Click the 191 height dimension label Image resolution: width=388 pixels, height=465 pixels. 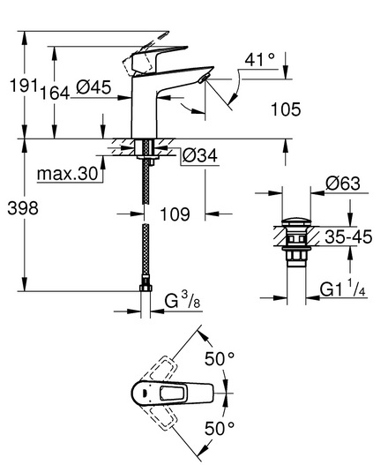25,86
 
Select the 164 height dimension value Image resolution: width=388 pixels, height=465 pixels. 55,93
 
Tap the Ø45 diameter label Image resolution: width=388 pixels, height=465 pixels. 93,87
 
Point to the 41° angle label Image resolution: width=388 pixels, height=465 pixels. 259,60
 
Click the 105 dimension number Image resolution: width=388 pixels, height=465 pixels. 286,109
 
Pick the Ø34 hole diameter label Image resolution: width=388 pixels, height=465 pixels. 200,155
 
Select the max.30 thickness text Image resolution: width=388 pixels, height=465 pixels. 68,174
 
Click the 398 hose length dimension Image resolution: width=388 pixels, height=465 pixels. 23,208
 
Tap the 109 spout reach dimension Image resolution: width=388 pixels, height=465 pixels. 175,214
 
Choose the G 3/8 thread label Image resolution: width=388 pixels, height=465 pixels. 183,301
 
